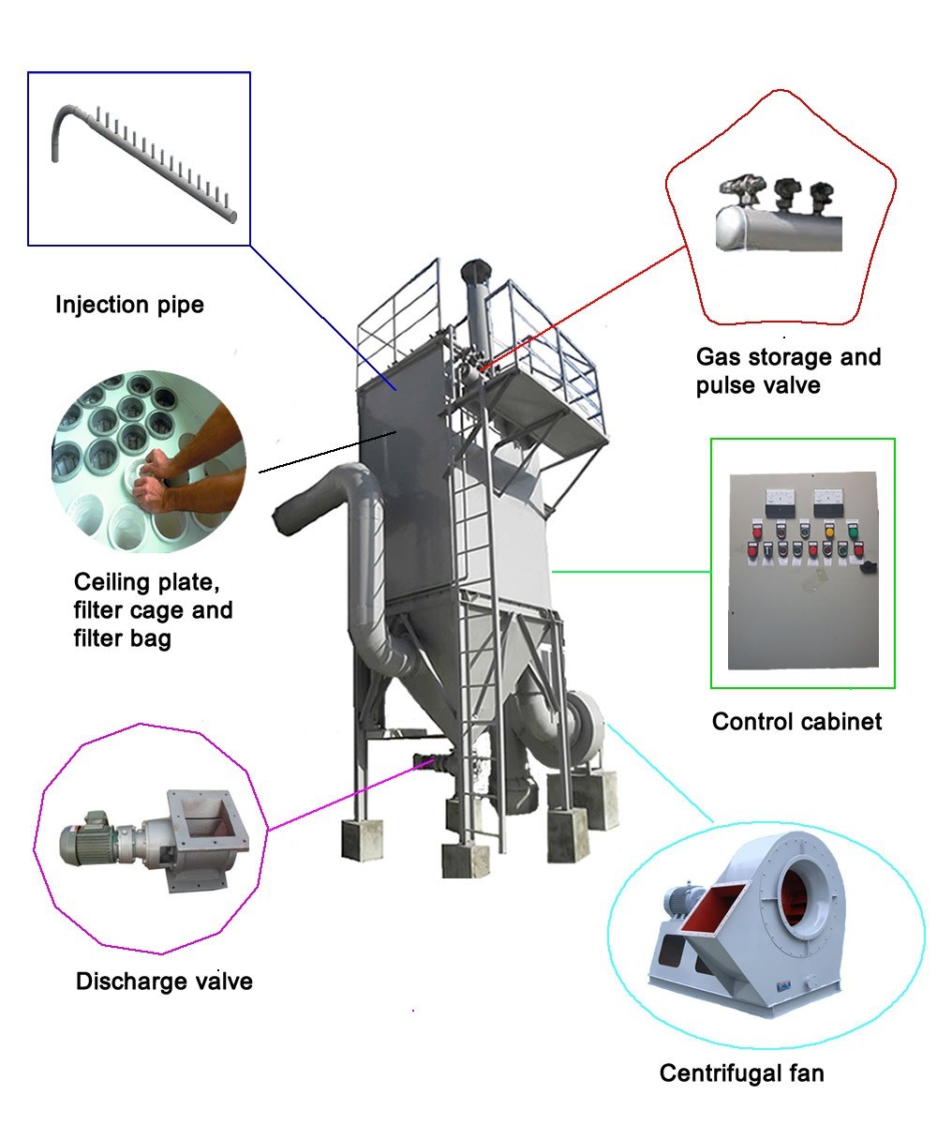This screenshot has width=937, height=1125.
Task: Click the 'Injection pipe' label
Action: click(129, 305)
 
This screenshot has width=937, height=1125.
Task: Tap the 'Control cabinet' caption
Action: click(796, 721)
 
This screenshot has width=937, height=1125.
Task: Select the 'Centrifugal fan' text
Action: click(741, 1073)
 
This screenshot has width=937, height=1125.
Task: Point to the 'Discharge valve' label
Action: click(164, 982)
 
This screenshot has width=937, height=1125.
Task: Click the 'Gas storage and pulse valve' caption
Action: click(788, 370)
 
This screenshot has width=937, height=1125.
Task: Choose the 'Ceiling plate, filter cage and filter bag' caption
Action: click(153, 610)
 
